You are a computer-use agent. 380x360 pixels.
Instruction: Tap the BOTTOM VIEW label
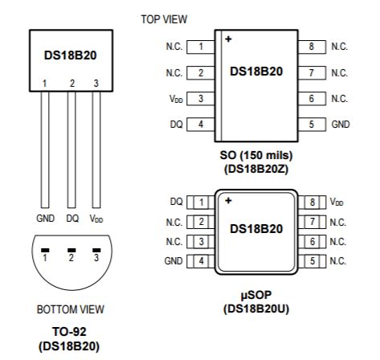(x=71, y=309)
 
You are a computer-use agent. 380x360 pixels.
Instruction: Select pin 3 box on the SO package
(x=200, y=99)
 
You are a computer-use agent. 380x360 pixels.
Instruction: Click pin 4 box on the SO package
(x=200, y=125)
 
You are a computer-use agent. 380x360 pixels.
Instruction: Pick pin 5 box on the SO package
(x=311, y=125)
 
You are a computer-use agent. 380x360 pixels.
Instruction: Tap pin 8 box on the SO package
(x=311, y=47)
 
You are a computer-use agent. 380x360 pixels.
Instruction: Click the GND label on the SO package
(x=340, y=125)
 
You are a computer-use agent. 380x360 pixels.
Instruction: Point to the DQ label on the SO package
(x=175, y=125)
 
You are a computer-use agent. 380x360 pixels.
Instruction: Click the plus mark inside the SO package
(x=228, y=39)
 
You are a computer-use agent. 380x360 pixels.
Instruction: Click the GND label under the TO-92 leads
(x=45, y=218)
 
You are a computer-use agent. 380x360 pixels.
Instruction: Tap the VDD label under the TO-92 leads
(x=96, y=218)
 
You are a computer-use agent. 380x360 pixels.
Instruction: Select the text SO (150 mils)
(x=255, y=154)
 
